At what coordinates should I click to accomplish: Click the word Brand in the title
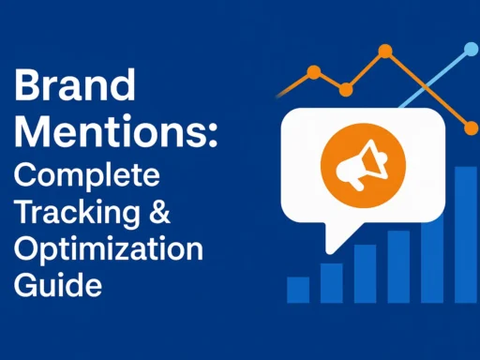coord(75,89)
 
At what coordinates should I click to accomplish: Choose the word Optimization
coord(108,248)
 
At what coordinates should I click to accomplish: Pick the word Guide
coord(57,283)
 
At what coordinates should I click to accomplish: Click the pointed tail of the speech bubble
coord(328,242)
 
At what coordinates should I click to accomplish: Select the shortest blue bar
coord(298,290)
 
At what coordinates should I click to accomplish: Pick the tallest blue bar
coord(465,234)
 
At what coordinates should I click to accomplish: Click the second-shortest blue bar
coord(332,282)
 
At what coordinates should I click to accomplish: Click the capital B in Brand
coord(27,89)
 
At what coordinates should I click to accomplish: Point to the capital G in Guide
coord(25,283)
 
